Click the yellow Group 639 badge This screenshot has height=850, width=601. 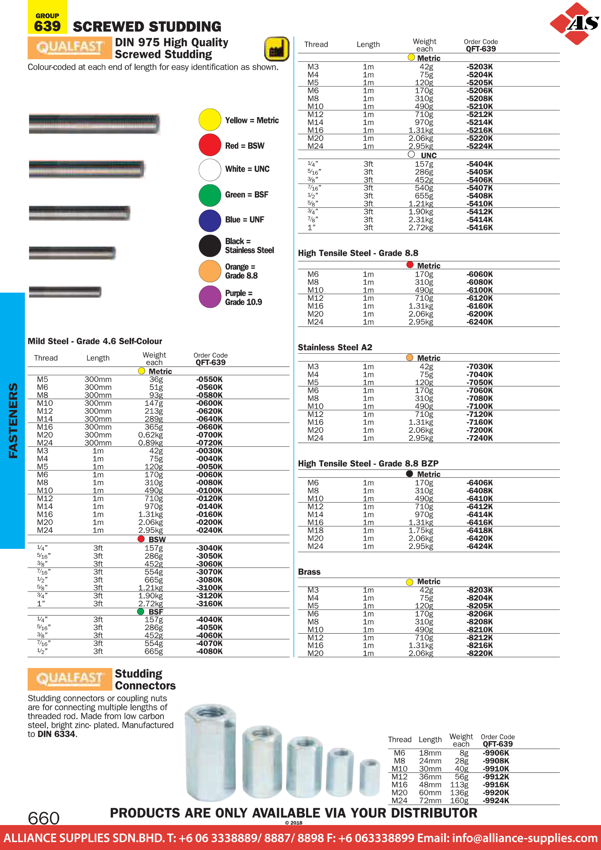pyautogui.click(x=47, y=18)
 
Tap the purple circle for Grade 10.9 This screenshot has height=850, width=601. pyautogui.click(x=210, y=297)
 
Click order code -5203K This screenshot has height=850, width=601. pyautogui.click(x=480, y=67)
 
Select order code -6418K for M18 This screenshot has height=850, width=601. pyautogui.click(x=480, y=530)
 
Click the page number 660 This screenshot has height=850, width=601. pyautogui.click(x=44, y=818)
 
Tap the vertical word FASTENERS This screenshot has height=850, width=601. pyautogui.click(x=13, y=421)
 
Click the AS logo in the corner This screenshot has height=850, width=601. pyautogui.click(x=575, y=23)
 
